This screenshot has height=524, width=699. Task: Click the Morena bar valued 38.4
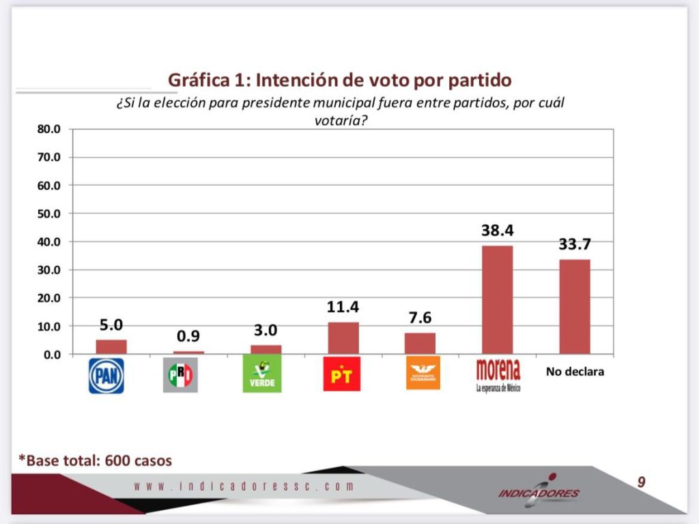click(x=497, y=299)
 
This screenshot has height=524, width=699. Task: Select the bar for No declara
click(x=574, y=306)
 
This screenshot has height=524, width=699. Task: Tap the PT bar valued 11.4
click(x=343, y=337)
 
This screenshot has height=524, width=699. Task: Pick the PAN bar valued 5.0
click(x=111, y=346)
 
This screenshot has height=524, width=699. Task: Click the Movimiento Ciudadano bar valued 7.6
click(x=420, y=343)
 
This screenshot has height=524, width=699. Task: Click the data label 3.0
click(x=266, y=330)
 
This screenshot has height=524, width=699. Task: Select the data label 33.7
click(x=574, y=245)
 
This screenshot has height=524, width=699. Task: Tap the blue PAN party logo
click(x=106, y=376)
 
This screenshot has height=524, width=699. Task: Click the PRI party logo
click(x=180, y=375)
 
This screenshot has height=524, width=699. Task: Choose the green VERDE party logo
click(x=261, y=374)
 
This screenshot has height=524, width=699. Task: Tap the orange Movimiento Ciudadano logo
click(x=423, y=373)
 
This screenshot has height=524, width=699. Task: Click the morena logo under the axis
click(x=498, y=374)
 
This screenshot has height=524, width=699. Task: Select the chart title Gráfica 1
click(x=339, y=80)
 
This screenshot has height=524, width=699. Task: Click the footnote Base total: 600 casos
click(x=95, y=460)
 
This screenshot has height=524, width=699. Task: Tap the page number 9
click(x=641, y=482)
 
